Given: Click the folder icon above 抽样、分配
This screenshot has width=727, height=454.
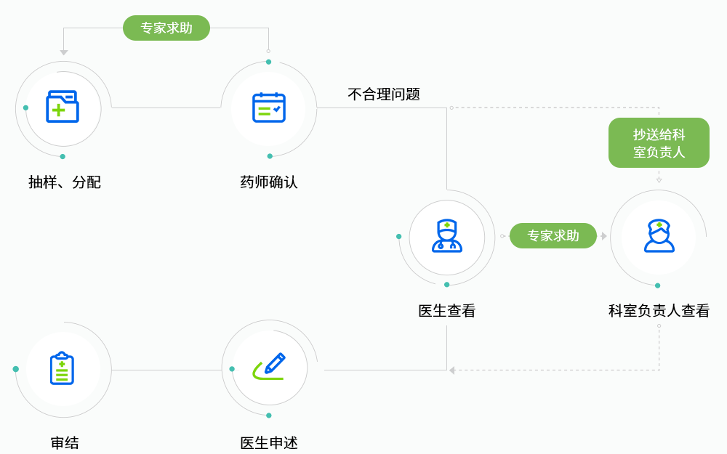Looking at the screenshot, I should tap(63, 107).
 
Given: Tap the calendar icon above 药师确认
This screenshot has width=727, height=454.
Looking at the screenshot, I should tap(268, 108).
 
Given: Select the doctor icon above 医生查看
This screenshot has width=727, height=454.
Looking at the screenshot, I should tap(446, 236).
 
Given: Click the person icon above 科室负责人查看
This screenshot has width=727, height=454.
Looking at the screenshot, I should tap(659, 236).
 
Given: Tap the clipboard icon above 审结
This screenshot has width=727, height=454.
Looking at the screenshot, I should tap(63, 368).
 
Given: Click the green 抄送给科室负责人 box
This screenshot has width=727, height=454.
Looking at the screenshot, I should tap(659, 143).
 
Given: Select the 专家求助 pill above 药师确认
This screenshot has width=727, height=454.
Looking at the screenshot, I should tap(166, 28).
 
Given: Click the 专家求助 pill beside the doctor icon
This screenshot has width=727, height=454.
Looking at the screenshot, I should tap(553, 235).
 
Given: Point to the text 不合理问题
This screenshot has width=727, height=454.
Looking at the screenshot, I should tap(384, 94).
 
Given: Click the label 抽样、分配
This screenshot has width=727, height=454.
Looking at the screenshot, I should tap(65, 182).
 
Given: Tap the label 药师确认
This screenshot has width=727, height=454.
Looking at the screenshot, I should tap(269, 182).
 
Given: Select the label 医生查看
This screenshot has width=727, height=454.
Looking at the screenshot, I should tap(447, 311).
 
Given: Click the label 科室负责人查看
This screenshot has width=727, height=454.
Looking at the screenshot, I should tap(659, 311).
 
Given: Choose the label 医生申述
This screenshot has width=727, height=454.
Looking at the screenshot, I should tap(269, 442).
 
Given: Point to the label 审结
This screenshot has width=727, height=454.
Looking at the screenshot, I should tap(65, 442).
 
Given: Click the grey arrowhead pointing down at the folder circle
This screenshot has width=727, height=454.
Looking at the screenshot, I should tap(64, 52).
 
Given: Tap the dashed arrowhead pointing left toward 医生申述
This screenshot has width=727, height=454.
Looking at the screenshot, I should tap(452, 370).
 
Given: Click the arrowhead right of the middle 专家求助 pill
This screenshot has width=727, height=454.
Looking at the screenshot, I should tap(603, 236).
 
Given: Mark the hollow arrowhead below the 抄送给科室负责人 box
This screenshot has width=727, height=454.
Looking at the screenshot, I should tap(659, 179).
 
